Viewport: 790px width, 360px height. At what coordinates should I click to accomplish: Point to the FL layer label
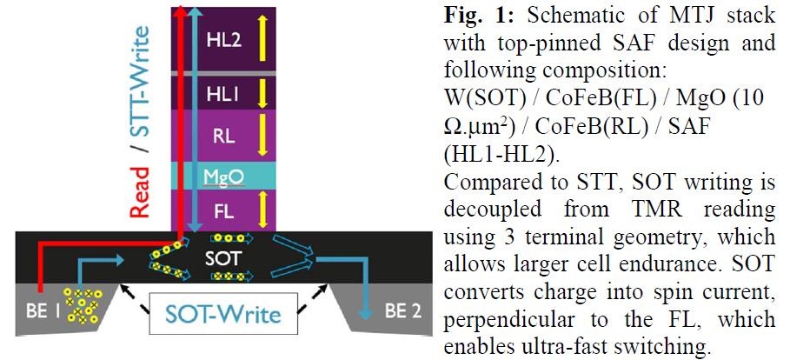click(x=222, y=211)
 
